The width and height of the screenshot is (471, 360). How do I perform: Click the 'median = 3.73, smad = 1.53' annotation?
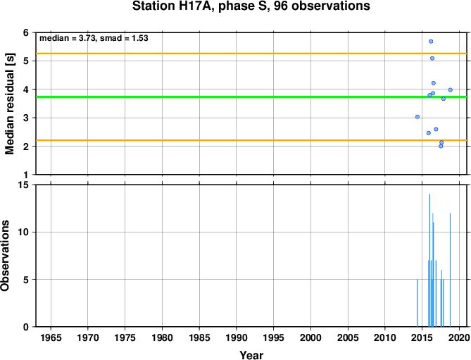pos(94,38)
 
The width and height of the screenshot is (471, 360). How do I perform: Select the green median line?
pos(251,97)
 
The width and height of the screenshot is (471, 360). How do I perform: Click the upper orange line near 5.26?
pos(251,54)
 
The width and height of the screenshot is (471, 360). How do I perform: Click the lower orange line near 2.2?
pos(251,140)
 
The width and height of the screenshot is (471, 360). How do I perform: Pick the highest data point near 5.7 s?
pos(431,42)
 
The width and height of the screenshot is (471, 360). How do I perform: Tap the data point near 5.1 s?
pos(432,58)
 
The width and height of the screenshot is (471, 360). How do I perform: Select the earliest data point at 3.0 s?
pos(417,116)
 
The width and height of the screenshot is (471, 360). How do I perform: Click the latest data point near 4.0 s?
pos(451,90)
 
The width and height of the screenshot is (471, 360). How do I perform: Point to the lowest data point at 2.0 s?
pos(441,146)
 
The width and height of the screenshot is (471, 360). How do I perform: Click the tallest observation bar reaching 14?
pos(429,260)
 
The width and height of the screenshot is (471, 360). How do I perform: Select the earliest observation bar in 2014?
pos(417,303)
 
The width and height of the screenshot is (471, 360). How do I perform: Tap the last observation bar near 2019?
pos(451,270)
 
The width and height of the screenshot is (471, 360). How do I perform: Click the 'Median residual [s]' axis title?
pos(10,104)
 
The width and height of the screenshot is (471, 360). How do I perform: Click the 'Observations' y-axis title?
pos(5,256)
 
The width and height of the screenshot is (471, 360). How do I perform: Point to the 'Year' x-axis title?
pos(251,355)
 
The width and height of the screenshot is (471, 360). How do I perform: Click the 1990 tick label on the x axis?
pos(237,337)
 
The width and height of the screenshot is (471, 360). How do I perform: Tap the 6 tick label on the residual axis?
pos(26,32)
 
